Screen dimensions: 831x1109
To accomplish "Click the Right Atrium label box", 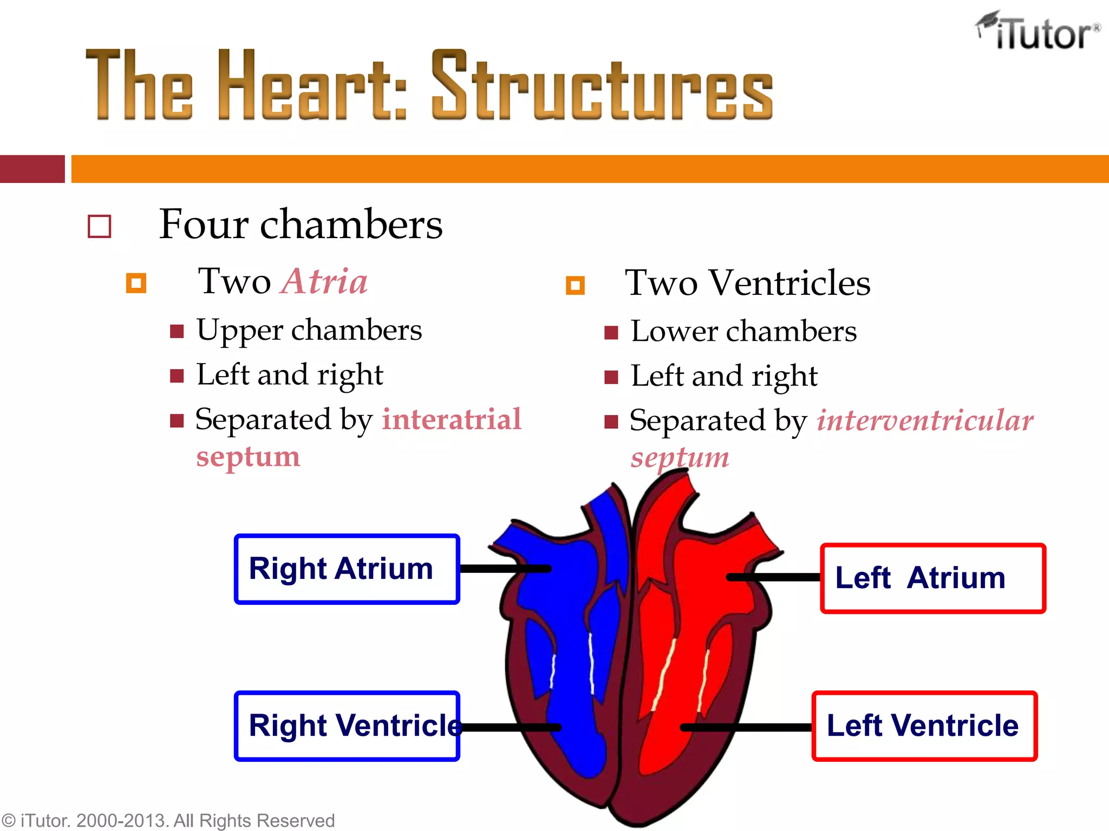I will (347, 569).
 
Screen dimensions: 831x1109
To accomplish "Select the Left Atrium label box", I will (932, 578).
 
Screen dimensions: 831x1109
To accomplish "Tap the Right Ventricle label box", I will (347, 726).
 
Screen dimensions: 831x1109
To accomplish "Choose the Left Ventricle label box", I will (924, 726).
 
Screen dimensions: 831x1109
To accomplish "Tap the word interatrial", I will (452, 419).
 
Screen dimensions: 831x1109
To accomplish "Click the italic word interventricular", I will (925, 420).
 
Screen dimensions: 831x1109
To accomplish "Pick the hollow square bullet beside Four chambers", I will (100, 227).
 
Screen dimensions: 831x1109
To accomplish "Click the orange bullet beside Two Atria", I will (136, 283).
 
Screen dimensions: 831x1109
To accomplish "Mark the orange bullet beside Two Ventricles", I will (575, 285).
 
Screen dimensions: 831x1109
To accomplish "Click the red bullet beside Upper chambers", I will (177, 331).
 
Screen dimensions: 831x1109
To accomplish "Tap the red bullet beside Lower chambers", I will (611, 332).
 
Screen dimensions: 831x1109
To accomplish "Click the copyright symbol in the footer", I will (9, 821).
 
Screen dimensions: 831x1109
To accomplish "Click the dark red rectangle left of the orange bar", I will (32, 169).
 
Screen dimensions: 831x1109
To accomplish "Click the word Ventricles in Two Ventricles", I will (790, 283).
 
